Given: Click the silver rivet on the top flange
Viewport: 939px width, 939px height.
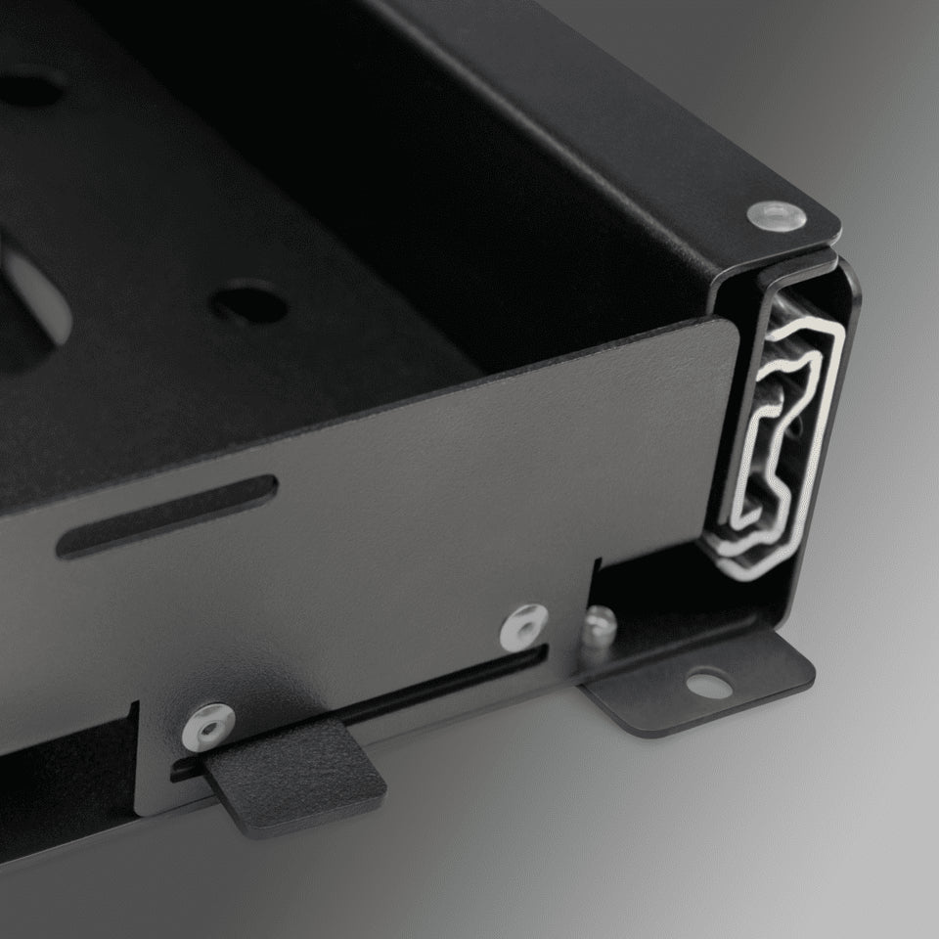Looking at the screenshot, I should click(x=778, y=216).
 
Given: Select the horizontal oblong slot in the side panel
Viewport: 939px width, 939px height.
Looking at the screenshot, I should click(x=166, y=515).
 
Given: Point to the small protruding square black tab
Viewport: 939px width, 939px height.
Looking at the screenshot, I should click(x=293, y=778).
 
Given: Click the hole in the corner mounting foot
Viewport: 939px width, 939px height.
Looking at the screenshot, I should click(x=711, y=683).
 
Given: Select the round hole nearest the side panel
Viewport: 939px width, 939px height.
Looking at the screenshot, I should click(x=249, y=304).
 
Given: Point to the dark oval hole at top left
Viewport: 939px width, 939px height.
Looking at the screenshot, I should click(x=29, y=90).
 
